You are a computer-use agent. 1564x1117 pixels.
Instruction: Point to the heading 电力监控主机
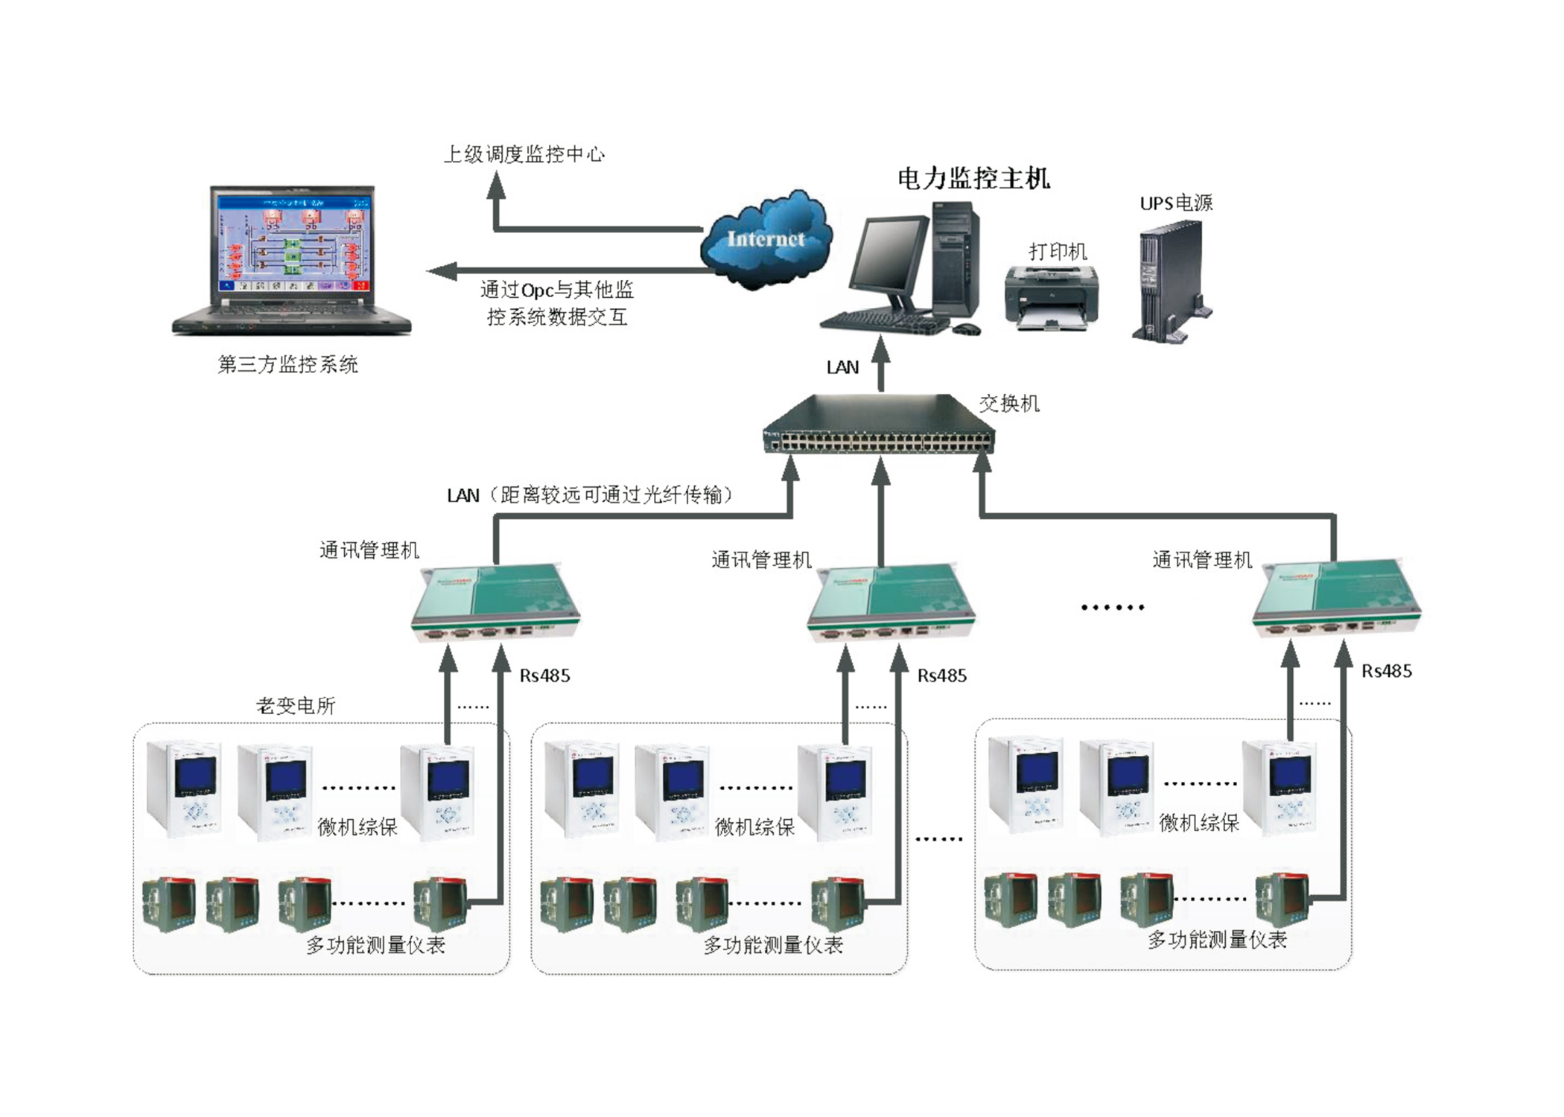click(x=973, y=179)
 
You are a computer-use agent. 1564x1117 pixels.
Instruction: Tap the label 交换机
click(x=1008, y=404)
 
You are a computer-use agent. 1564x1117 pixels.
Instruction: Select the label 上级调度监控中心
click(x=524, y=154)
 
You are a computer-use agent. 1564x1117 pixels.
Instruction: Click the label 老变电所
click(x=296, y=705)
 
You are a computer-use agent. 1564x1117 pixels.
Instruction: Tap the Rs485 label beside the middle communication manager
click(x=941, y=675)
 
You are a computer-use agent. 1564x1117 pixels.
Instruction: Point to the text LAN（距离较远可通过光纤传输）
click(x=588, y=495)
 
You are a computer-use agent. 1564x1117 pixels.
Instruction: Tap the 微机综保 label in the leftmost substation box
click(x=357, y=827)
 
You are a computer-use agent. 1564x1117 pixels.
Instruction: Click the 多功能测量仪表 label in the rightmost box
click(x=1217, y=940)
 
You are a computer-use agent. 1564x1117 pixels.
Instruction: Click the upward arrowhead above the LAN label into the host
click(x=881, y=348)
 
